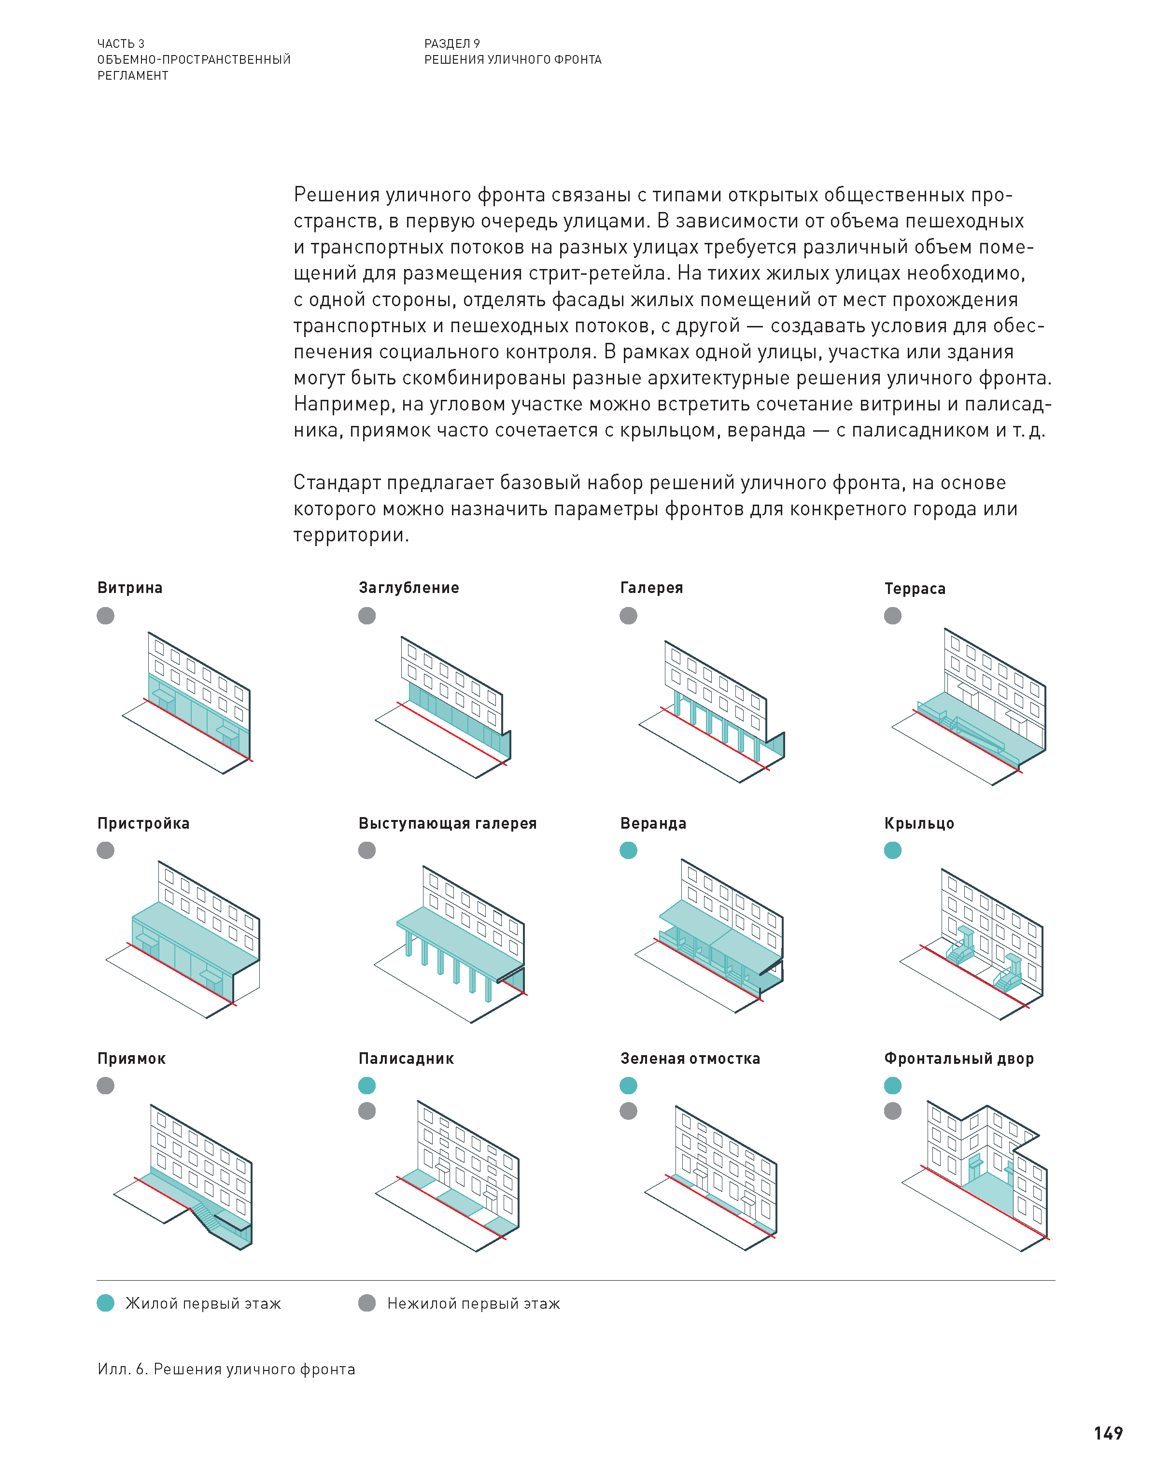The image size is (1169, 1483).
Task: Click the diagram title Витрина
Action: click(129, 588)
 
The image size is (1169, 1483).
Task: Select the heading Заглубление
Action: click(408, 588)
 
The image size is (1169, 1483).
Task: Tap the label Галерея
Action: click(651, 588)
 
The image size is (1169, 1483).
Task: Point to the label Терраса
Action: click(915, 589)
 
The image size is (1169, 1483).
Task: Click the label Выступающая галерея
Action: click(447, 823)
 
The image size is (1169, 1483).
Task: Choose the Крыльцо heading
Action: click(918, 823)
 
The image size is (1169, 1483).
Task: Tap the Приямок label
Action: click(131, 1059)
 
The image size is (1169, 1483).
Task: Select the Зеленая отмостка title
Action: click(690, 1059)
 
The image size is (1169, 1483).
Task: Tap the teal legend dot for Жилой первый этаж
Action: click(105, 1303)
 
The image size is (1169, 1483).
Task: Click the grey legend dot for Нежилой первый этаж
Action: click(367, 1303)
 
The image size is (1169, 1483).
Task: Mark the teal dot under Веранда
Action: click(628, 850)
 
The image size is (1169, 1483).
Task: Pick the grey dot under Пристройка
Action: click(105, 850)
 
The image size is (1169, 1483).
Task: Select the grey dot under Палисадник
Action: click(367, 1111)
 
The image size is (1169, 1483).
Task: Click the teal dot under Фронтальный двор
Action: click(892, 1086)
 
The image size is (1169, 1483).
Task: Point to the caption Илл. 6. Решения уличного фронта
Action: click(226, 1369)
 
